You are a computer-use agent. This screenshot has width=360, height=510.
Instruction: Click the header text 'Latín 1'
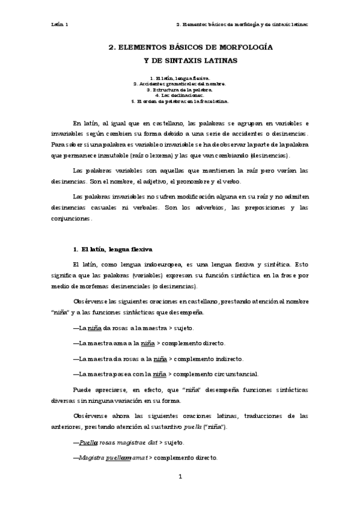[x=59, y=25]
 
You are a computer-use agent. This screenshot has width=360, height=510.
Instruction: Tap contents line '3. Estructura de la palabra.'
[x=179, y=90]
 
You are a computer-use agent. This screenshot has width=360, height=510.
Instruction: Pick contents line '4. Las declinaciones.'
[x=179, y=95]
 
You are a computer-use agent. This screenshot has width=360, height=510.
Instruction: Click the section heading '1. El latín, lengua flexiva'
[x=112, y=248]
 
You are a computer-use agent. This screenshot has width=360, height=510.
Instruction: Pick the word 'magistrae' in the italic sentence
[x=136, y=443]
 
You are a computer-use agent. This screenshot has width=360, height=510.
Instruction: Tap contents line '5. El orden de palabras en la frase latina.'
[x=179, y=101]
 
